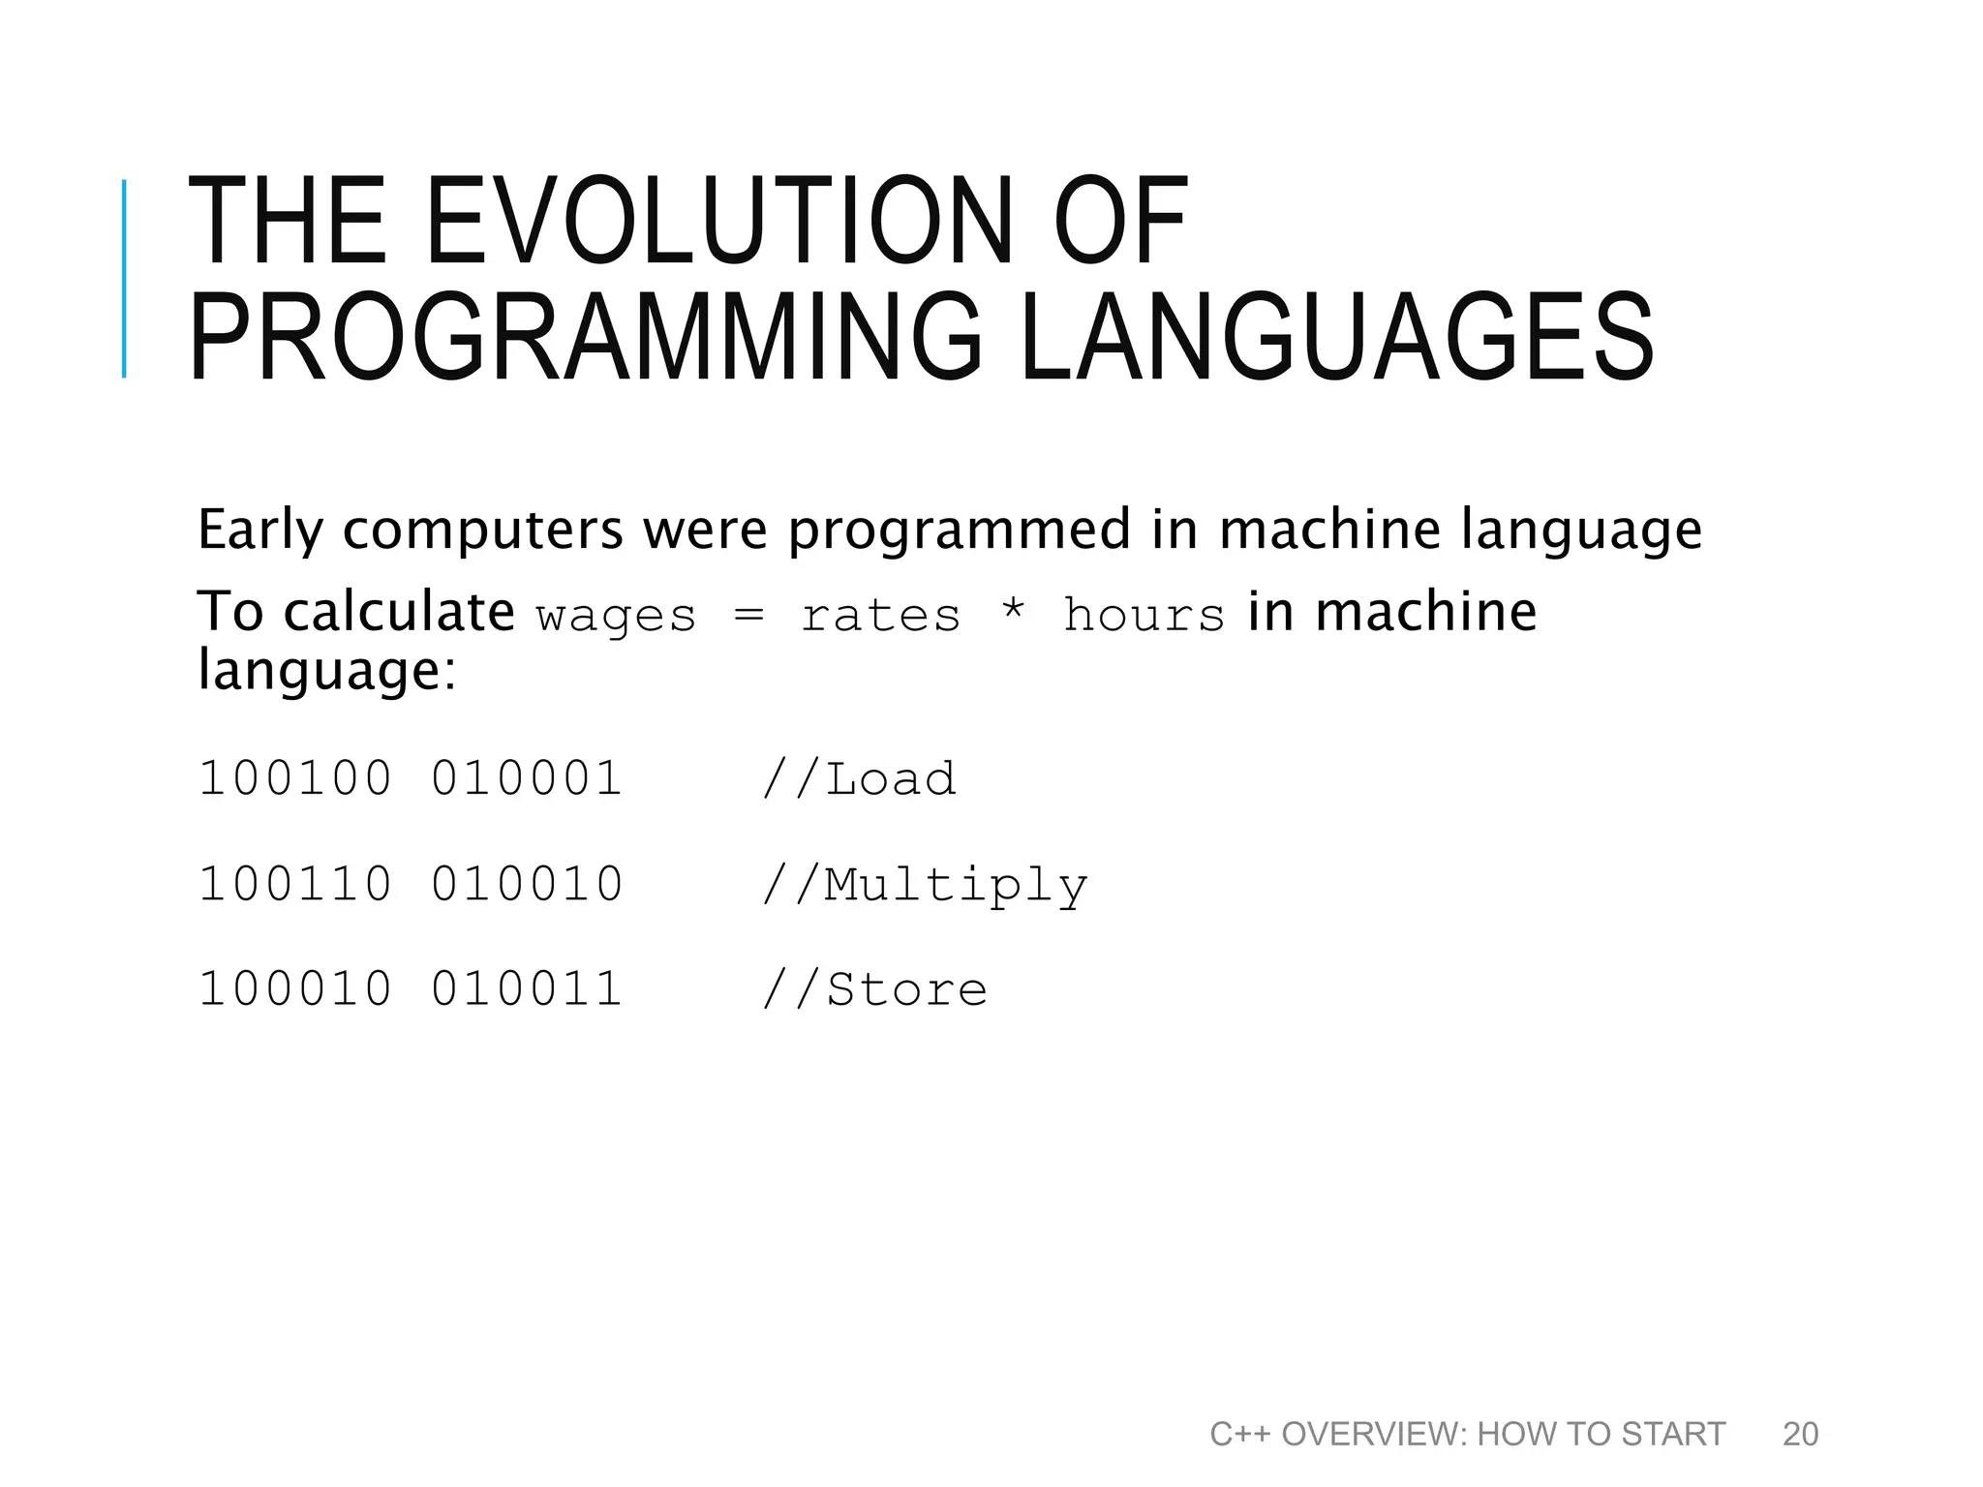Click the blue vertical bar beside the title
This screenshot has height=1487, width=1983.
[x=124, y=279]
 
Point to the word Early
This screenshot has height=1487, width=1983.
[x=259, y=531]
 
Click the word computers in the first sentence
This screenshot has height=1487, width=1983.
[x=482, y=531]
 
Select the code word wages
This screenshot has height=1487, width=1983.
[x=616, y=617]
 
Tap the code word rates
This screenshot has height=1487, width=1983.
[x=880, y=616]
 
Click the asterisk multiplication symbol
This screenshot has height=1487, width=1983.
[x=1013, y=612]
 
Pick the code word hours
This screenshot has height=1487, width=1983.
[x=1144, y=616]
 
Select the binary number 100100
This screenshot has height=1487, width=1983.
[x=295, y=778]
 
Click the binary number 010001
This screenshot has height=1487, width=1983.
[x=527, y=778]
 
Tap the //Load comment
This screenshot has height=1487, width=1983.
[x=859, y=778]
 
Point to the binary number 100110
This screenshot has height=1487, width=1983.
[x=295, y=884]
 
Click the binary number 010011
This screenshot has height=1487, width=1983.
[x=527, y=989]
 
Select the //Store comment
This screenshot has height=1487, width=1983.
[x=874, y=989]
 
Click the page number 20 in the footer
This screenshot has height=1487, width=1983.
[x=1800, y=1434]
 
